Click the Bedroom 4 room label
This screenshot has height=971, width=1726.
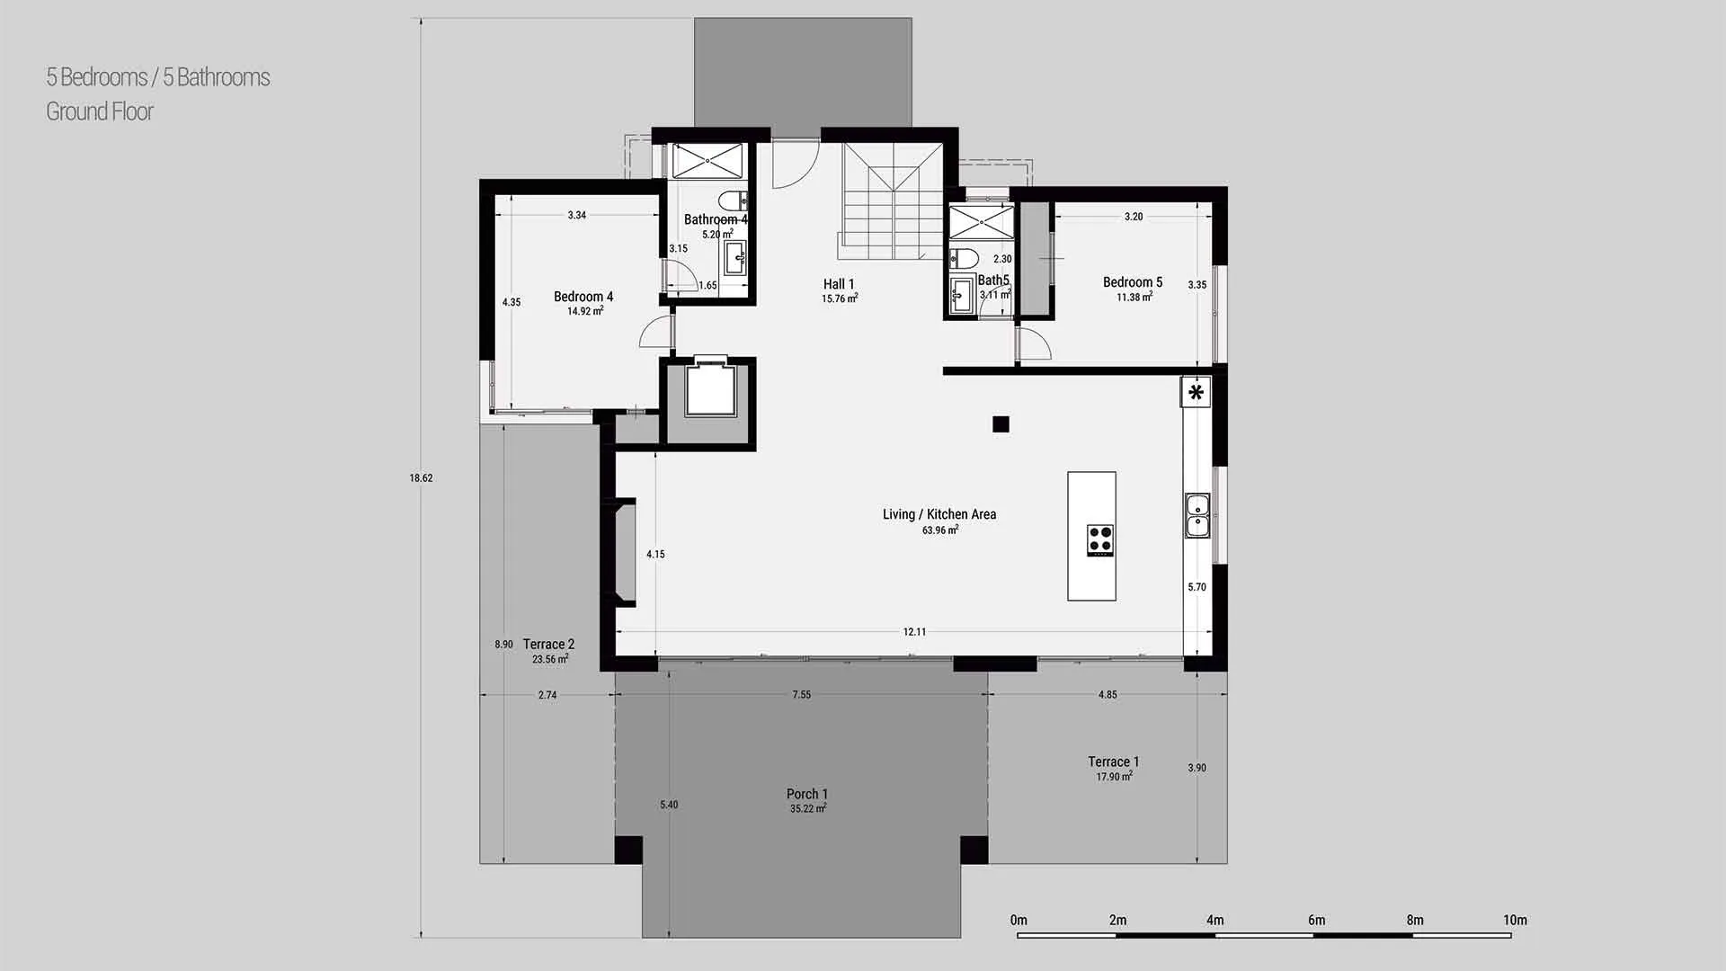point(583,297)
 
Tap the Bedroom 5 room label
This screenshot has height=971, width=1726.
point(1133,282)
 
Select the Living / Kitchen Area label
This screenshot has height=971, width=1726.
point(939,514)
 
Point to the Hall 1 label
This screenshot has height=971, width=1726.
point(839,284)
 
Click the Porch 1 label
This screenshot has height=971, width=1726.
point(807,794)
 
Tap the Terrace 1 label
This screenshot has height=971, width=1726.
point(1113,762)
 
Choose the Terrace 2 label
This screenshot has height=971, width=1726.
point(548,644)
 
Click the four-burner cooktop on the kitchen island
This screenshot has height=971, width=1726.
point(1100,539)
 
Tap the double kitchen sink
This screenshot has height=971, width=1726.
point(1197,515)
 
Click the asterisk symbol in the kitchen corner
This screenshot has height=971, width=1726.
point(1196,392)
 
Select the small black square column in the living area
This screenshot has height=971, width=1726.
point(1001,424)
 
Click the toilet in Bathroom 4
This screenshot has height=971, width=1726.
point(734,199)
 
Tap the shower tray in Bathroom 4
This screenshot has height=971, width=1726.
point(708,162)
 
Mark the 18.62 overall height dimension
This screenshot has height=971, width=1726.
point(421,478)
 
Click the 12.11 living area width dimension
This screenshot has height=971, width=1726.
point(914,632)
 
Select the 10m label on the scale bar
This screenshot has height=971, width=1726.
point(1515,920)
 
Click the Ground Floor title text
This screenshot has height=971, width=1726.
point(100,111)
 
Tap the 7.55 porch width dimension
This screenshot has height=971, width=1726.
point(801,695)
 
